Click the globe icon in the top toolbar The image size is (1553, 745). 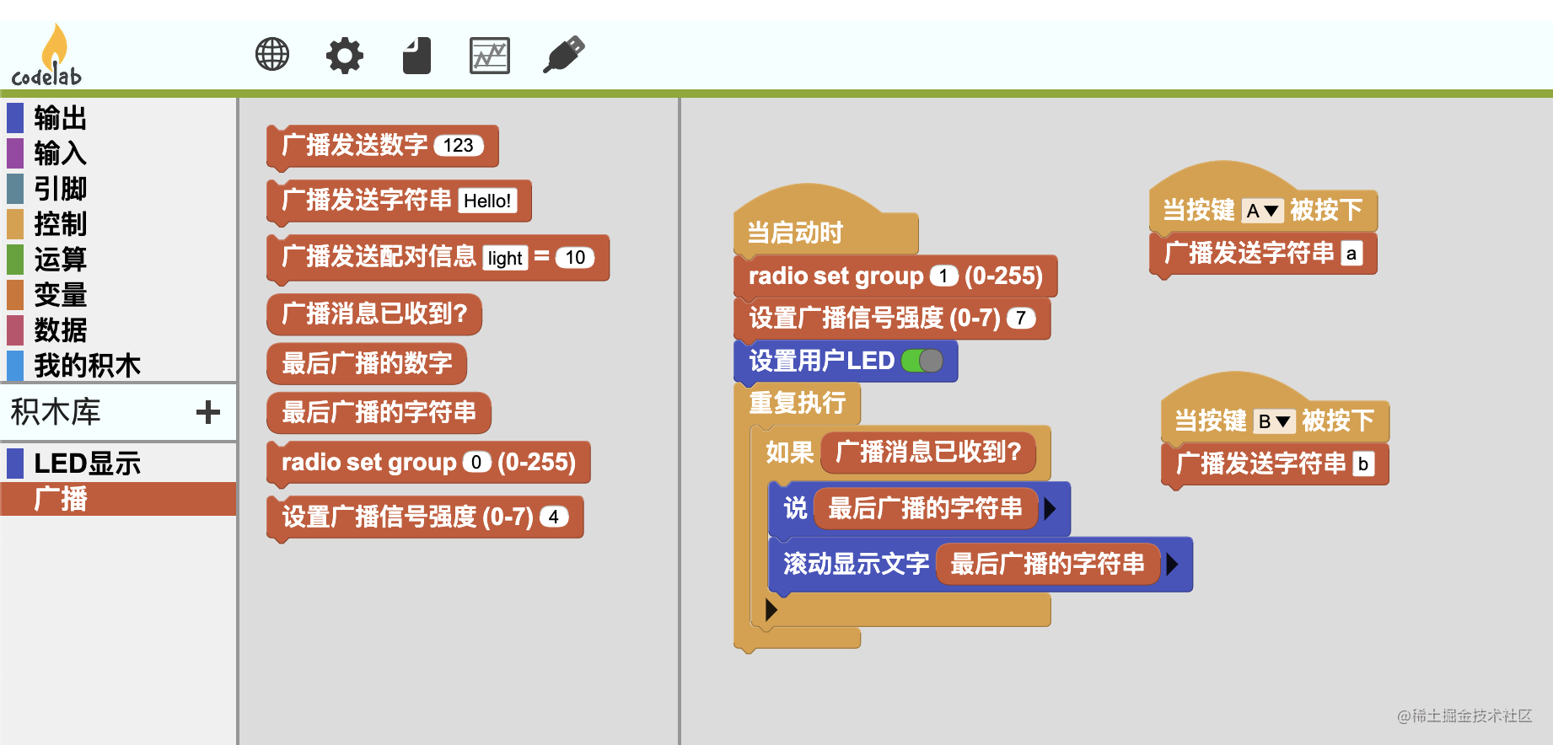pyautogui.click(x=271, y=55)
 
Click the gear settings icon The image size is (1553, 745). pyautogui.click(x=344, y=56)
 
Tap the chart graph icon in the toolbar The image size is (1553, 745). pyautogui.click(x=489, y=56)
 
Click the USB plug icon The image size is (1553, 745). pyautogui.click(x=563, y=55)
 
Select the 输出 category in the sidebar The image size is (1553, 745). pyautogui.click(x=60, y=118)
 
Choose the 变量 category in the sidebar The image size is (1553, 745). pyautogui.click(x=60, y=295)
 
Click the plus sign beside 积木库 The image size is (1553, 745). pyautogui.click(x=207, y=412)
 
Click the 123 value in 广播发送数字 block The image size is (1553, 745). pyautogui.click(x=458, y=146)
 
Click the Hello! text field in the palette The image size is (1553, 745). pyautogui.click(x=486, y=201)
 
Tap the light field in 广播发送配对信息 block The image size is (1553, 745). pyautogui.click(x=504, y=258)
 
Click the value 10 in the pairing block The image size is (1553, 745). pyautogui.click(x=575, y=258)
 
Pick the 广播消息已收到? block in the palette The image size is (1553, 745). pyautogui.click(x=373, y=314)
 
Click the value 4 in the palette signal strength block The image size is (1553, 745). pyautogui.click(x=553, y=517)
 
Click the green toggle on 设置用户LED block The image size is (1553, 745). pyautogui.click(x=922, y=361)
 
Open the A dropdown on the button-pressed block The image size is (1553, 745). pyautogui.click(x=1261, y=211)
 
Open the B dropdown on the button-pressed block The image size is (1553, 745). pyautogui.click(x=1273, y=421)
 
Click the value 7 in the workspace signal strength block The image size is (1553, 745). pyautogui.click(x=1020, y=319)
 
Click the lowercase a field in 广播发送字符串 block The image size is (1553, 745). pyautogui.click(x=1351, y=254)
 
